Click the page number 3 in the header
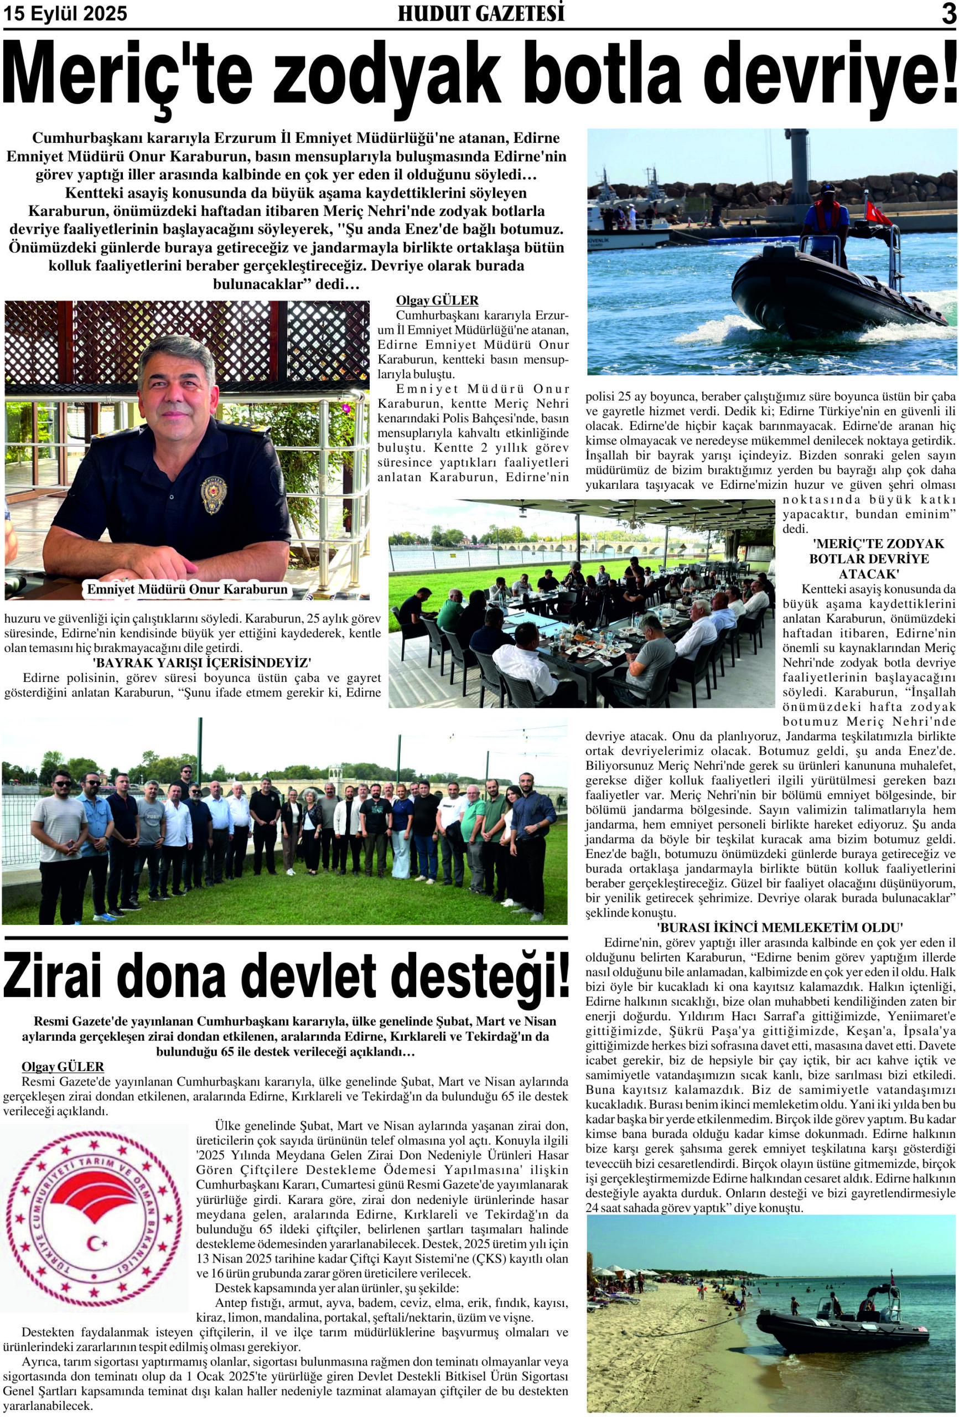[x=948, y=14]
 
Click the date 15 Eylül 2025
[x=65, y=13]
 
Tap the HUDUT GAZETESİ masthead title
[x=480, y=13]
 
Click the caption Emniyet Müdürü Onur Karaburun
[x=186, y=589]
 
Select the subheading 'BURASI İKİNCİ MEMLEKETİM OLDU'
[x=771, y=927]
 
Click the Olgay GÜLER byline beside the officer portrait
[x=437, y=301]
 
